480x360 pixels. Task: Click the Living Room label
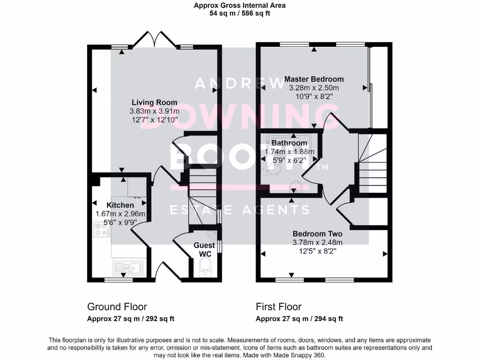155,102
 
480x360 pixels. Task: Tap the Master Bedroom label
314,79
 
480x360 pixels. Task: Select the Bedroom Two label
317,234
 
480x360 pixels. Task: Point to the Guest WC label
204,249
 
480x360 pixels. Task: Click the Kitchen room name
120,205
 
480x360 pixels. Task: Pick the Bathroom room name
289,143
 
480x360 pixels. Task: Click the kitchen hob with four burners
102,230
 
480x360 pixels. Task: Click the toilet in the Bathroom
271,169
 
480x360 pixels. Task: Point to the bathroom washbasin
296,187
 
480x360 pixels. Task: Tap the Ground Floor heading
117,307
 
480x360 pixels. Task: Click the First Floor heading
278,307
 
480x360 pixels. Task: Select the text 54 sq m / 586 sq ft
240,14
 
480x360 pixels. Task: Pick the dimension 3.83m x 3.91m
154,111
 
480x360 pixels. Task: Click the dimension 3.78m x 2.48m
317,243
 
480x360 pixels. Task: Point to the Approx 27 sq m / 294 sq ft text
300,319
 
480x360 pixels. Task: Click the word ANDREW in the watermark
240,83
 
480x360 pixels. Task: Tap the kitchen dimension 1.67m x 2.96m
120,214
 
